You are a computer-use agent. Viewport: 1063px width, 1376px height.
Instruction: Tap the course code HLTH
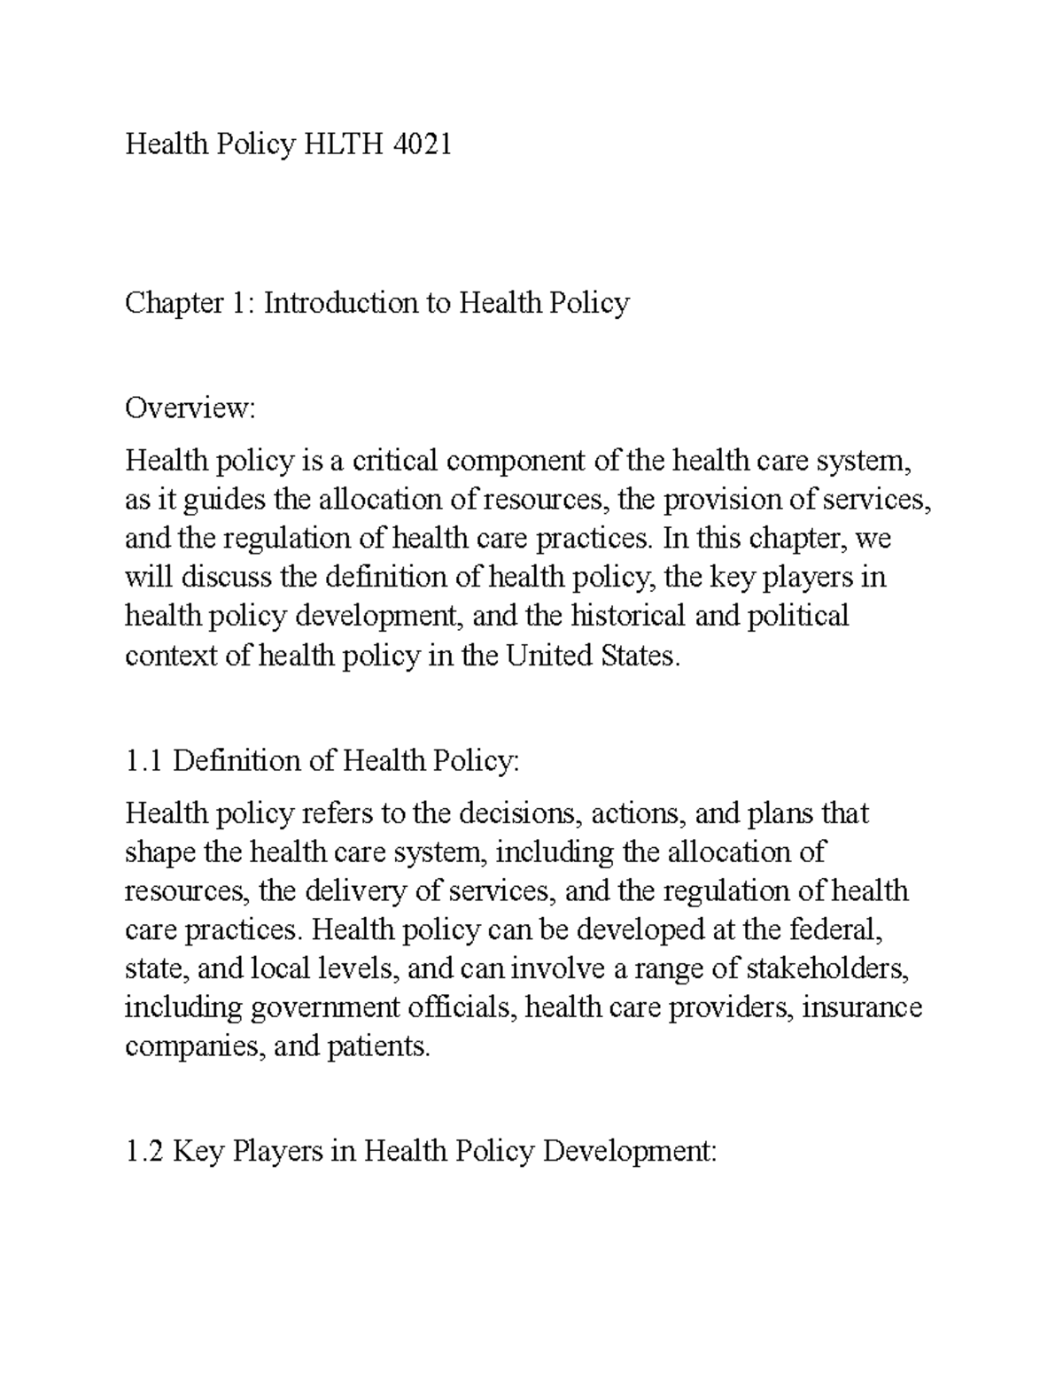tap(341, 144)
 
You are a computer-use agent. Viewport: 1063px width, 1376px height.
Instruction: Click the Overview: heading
tap(190, 408)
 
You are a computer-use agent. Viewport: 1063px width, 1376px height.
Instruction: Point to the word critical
tap(395, 461)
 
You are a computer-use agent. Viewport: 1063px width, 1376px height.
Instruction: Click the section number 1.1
tap(144, 761)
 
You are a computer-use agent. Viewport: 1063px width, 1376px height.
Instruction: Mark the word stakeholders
tap(828, 968)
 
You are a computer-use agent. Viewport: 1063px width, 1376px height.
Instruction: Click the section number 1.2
tap(144, 1152)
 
